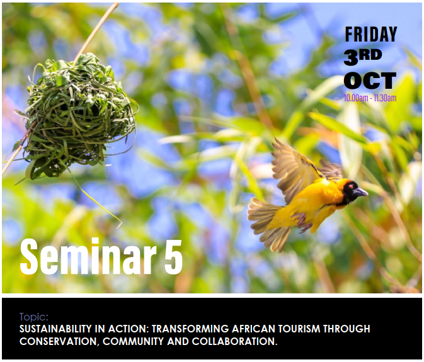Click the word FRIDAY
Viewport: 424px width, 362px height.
(370, 34)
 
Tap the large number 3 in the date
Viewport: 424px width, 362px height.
(352, 57)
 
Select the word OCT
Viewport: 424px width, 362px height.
(370, 81)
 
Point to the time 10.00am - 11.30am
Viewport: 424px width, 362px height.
(370, 98)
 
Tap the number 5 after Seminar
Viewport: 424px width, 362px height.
(173, 257)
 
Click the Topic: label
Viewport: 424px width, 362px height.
(34, 317)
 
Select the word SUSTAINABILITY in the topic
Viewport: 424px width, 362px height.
(55, 329)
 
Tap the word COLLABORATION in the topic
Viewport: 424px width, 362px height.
(234, 341)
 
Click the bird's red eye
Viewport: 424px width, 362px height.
(351, 186)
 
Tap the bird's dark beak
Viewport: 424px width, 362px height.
(360, 192)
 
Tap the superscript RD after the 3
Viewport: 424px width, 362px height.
(370, 55)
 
